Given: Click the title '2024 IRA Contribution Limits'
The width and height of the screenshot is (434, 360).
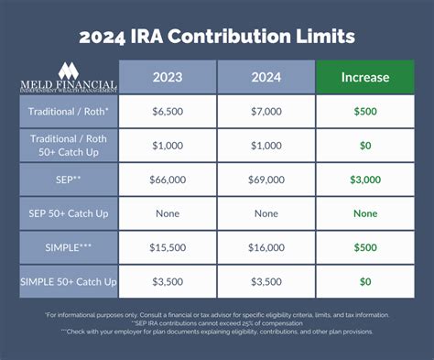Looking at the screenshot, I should pos(217,38).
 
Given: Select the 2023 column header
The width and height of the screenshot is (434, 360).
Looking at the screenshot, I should pos(168,78).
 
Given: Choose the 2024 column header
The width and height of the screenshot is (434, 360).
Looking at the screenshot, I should pos(266,78).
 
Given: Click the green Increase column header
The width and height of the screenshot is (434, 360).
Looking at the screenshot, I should pos(365,78).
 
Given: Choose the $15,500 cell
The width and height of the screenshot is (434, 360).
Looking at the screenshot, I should pos(168,248).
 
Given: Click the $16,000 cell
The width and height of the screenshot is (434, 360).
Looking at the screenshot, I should pos(266,248).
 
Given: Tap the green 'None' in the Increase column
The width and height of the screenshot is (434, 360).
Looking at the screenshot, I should pos(365,213).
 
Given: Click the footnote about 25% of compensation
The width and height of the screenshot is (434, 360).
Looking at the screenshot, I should pos(217,323).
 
